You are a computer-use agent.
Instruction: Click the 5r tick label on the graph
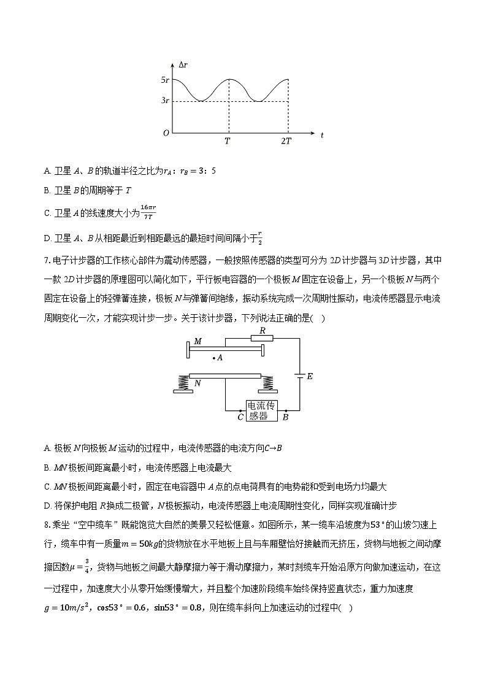pyautogui.click(x=164, y=80)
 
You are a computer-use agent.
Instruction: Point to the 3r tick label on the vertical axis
pyautogui.click(x=164, y=101)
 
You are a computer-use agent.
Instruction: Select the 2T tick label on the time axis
pyautogui.click(x=286, y=141)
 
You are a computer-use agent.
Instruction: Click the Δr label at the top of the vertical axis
pyautogui.click(x=183, y=63)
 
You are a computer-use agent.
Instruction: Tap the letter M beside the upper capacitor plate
pyautogui.click(x=197, y=341)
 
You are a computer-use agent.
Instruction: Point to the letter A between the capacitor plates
pyautogui.click(x=219, y=357)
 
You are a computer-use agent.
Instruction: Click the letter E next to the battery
pyautogui.click(x=309, y=376)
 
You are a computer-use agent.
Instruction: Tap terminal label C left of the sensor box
pyautogui.click(x=240, y=417)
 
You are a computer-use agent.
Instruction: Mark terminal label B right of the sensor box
pyautogui.click(x=285, y=417)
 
